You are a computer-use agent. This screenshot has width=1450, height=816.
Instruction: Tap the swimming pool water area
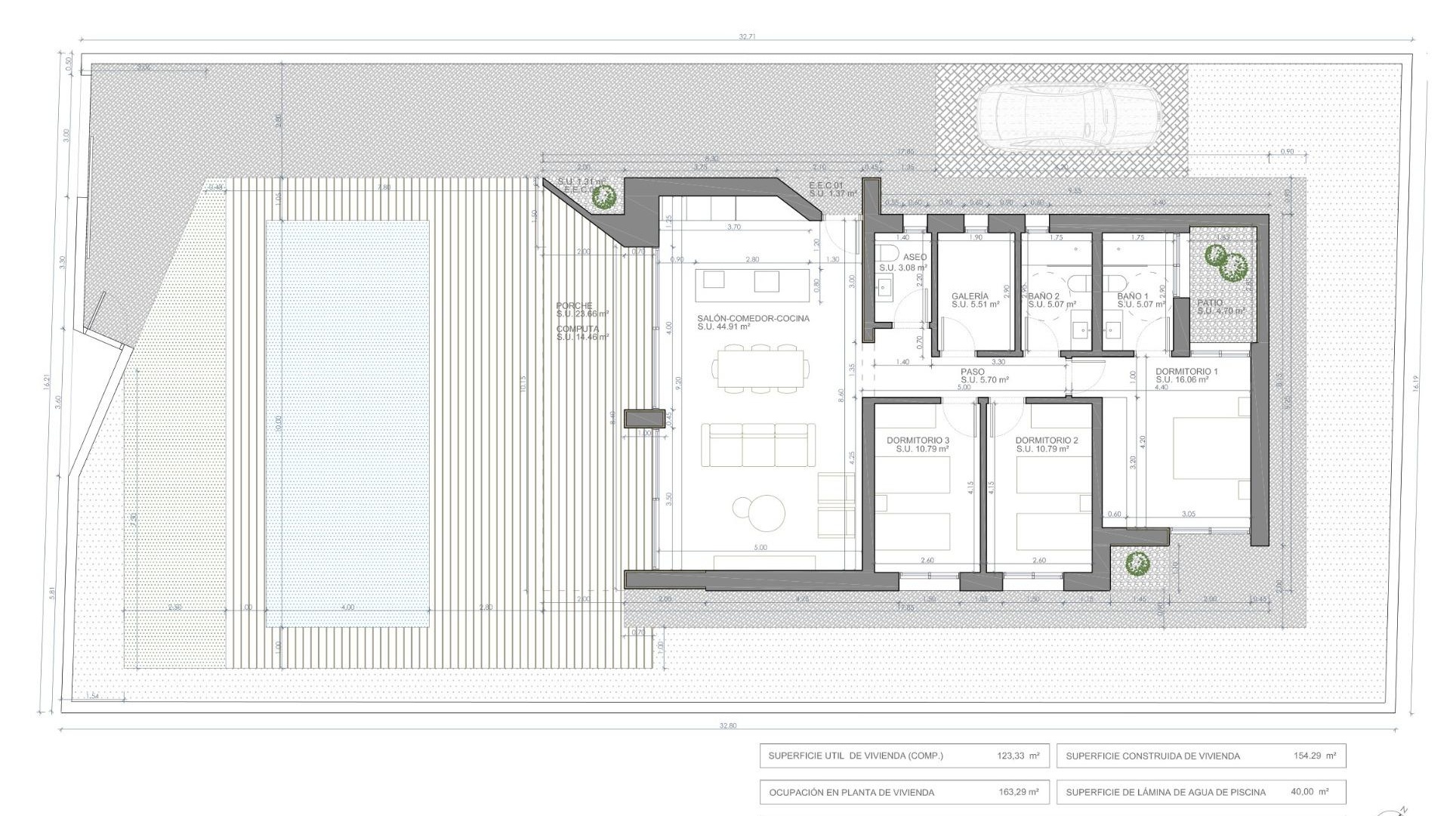click(x=347, y=423)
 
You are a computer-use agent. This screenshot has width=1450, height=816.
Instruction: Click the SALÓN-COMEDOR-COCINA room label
click(x=753, y=319)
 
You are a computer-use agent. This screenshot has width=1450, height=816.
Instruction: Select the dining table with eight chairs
click(x=760, y=369)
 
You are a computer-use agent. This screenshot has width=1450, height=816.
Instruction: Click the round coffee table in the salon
click(x=760, y=514)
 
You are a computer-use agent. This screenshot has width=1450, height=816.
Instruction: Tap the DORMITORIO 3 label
click(x=918, y=440)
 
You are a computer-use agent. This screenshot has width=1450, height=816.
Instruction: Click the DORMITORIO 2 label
click(x=1046, y=440)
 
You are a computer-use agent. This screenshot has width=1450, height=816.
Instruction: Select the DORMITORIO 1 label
click(x=1186, y=372)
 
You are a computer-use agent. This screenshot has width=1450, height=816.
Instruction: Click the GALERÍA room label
click(x=970, y=296)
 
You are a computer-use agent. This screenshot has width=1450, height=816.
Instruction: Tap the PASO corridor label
click(x=972, y=372)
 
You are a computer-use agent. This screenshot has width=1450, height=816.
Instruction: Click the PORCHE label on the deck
click(x=574, y=306)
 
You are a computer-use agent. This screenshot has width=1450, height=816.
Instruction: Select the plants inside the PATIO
click(x=1226, y=262)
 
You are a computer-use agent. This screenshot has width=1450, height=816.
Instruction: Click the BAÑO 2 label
click(x=1044, y=296)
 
